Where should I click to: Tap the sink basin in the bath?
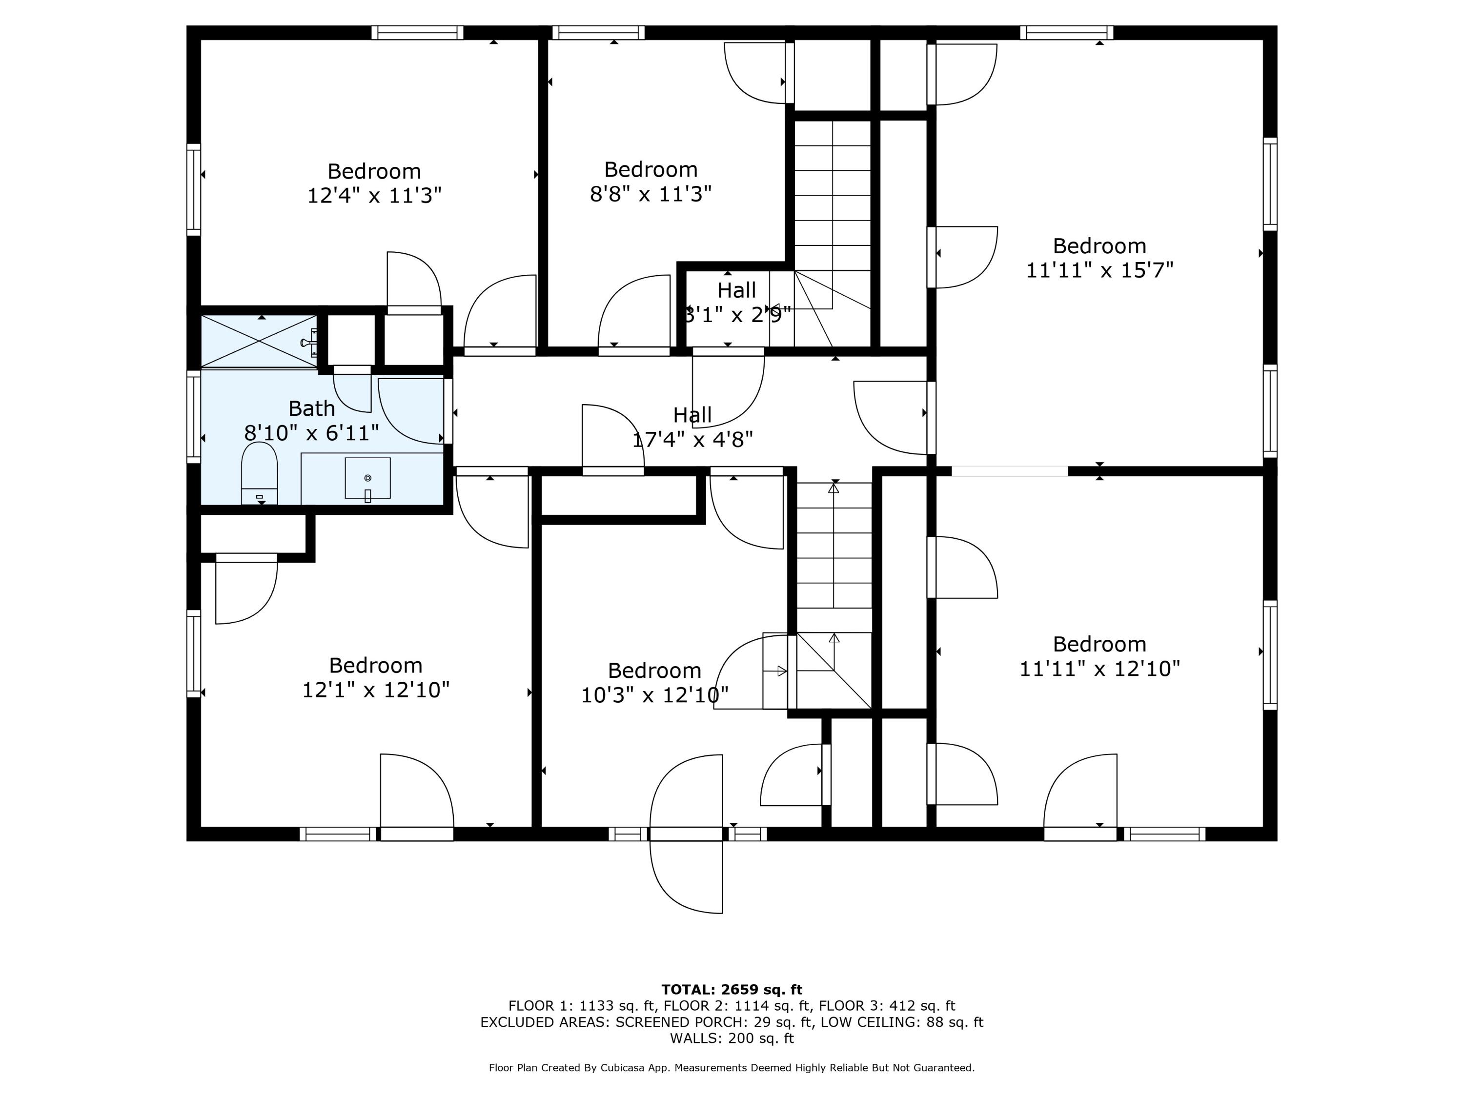[367, 478]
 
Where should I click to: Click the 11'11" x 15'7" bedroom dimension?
[1099, 270]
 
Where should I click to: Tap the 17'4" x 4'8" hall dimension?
[692, 440]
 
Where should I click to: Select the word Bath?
[312, 408]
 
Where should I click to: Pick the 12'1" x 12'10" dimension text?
[376, 690]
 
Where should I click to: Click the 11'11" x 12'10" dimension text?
[1099, 669]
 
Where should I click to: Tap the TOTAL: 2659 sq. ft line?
[732, 990]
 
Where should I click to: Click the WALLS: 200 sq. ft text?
[732, 1038]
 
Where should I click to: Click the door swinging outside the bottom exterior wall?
[686, 876]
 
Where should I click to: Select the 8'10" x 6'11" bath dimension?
[312, 433]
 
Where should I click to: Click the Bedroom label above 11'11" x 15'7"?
[1099, 246]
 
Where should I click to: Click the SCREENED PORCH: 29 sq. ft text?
[714, 1022]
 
